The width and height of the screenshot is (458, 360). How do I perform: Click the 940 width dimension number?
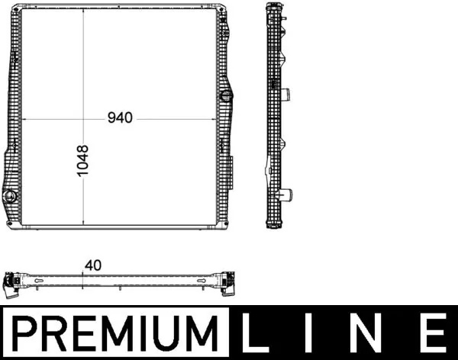click(x=120, y=117)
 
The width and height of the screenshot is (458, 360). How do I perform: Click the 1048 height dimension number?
click(x=82, y=161)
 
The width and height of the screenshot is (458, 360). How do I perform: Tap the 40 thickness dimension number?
click(x=93, y=265)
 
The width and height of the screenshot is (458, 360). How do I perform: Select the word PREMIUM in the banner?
click(x=114, y=333)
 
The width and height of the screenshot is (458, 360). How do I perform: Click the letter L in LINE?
click(x=256, y=333)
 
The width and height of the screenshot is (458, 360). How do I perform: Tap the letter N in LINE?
click(x=366, y=333)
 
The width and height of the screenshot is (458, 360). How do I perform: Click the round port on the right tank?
click(x=227, y=96)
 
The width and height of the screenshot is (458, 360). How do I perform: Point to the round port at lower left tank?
click(x=9, y=195)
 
